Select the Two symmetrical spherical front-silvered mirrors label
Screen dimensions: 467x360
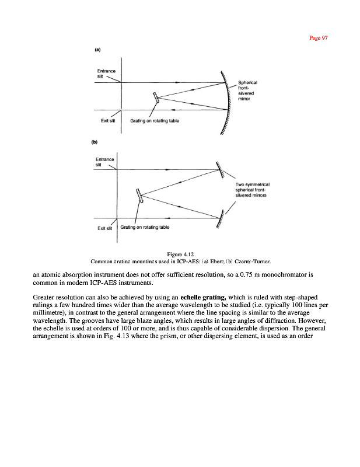coord(251,190)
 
